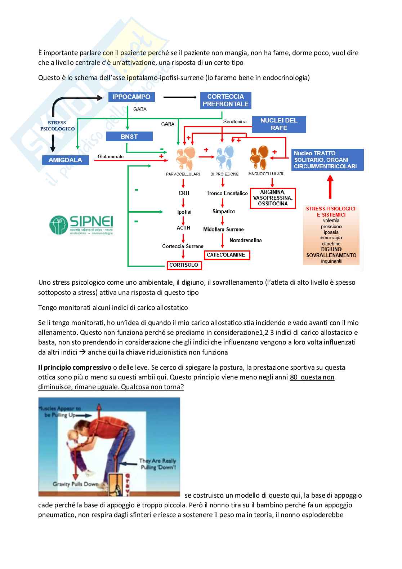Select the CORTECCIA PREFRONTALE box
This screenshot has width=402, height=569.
click(x=225, y=100)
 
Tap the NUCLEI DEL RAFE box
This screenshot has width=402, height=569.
click(x=279, y=124)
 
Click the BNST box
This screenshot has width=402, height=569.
click(x=129, y=137)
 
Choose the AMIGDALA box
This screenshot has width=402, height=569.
click(x=65, y=160)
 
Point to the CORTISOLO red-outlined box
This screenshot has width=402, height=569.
click(x=184, y=265)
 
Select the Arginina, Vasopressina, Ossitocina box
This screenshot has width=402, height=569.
click(x=273, y=198)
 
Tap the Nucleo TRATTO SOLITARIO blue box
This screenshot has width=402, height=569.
click(x=327, y=160)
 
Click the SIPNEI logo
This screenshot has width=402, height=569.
click(x=81, y=225)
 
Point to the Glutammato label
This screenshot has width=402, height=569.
click(x=111, y=157)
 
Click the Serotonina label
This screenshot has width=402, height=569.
click(x=235, y=122)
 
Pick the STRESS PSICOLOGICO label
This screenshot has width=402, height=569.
click(x=57, y=126)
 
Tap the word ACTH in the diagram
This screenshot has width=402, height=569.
click(x=183, y=228)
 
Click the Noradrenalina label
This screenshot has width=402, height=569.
click(x=246, y=240)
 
